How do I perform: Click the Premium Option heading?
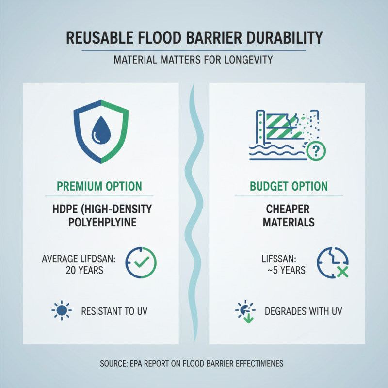coord(99,186)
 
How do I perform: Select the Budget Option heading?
coord(289,186)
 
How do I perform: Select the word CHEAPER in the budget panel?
coord(289,210)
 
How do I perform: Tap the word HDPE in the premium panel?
coord(65,210)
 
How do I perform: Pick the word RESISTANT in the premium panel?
coord(104,311)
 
